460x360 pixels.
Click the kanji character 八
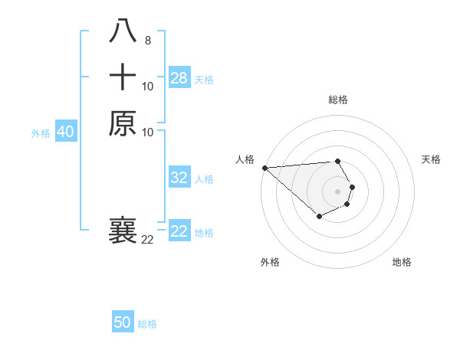tap(123, 32)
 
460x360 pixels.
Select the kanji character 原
tap(123, 123)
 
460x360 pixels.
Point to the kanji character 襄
tap(123, 231)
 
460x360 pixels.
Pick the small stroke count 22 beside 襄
tap(147, 240)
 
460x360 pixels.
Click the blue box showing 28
tap(179, 78)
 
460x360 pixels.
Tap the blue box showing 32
tap(179, 178)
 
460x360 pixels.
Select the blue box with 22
tap(179, 231)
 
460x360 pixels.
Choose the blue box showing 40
tap(65, 132)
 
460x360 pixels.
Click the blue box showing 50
tap(123, 322)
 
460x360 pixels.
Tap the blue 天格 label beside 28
tap(204, 79)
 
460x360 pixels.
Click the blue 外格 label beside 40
tap(41, 133)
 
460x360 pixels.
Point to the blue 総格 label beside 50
tap(147, 324)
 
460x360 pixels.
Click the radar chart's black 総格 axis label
tap(337, 100)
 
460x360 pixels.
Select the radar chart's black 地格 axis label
tap(402, 262)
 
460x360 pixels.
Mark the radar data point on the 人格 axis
tap(264, 168)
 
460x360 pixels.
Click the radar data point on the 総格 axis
tap(337, 161)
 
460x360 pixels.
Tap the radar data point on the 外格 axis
tap(319, 218)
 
